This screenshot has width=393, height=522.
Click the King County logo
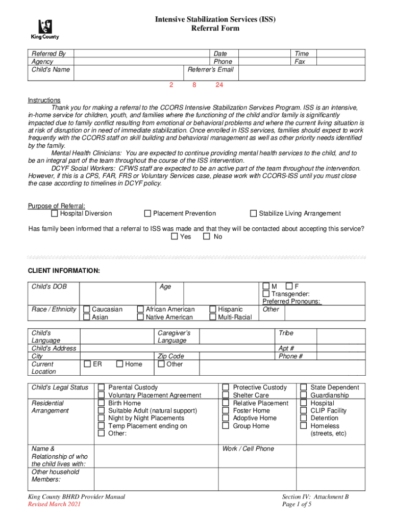point(45,30)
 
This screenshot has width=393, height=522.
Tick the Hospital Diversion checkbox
point(55,214)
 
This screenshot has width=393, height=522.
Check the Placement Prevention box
point(148,214)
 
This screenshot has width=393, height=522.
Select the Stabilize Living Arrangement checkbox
point(253,214)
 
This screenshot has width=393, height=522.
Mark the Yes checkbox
point(175,237)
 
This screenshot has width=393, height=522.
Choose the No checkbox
point(207,237)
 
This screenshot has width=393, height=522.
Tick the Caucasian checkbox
point(87,309)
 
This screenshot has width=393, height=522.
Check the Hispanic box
point(213,309)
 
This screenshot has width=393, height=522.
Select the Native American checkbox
point(140,318)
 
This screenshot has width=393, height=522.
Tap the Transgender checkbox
point(266,294)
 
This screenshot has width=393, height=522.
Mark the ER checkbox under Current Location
point(87,364)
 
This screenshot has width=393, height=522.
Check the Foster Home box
point(226,410)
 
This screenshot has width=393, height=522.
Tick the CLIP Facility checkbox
point(304,410)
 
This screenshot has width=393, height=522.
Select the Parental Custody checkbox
point(101,387)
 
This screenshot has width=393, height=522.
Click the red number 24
point(219,86)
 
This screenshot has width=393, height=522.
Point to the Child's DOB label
point(49,286)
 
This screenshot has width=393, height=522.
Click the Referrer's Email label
point(210,69)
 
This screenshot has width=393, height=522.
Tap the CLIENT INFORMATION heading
point(64,270)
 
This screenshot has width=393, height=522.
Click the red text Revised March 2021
point(54,505)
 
